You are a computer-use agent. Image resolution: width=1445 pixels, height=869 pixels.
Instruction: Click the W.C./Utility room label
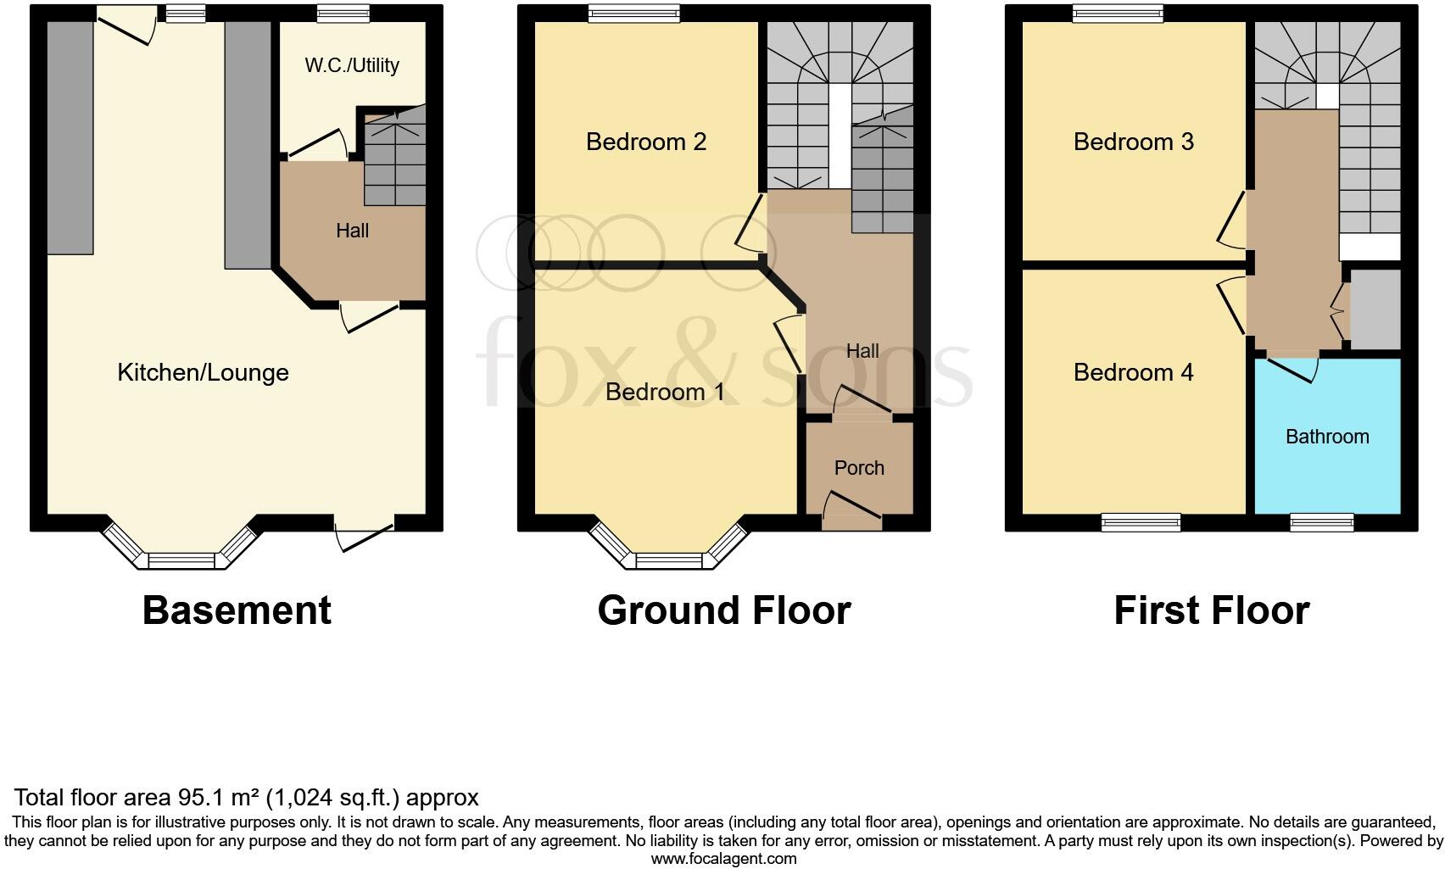[352, 65]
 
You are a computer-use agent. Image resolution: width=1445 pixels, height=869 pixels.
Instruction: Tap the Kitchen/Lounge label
[203, 372]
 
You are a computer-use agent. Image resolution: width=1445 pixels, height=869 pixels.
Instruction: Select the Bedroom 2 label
[646, 142]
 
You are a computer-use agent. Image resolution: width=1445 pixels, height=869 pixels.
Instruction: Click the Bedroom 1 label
[665, 392]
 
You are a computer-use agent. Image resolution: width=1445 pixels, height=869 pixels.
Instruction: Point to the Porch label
[859, 468]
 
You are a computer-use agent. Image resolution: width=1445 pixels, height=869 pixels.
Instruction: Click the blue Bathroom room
[1327, 458]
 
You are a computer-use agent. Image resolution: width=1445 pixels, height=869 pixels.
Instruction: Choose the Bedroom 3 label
[1133, 142]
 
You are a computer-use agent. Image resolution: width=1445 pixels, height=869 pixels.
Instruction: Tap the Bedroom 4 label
[1133, 372]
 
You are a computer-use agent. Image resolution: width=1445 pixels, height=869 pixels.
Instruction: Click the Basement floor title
[237, 610]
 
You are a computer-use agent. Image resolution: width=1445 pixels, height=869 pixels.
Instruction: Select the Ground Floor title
[723, 610]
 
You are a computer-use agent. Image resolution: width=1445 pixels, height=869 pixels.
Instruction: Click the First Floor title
[1211, 610]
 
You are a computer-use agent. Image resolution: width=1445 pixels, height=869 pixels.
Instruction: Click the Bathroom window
[1321, 522]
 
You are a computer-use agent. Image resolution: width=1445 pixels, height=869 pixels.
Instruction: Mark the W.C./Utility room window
[343, 12]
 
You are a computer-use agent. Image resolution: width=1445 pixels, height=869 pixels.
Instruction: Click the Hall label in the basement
[352, 231]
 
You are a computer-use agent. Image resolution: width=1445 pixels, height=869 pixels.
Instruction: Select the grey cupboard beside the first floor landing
[1375, 309]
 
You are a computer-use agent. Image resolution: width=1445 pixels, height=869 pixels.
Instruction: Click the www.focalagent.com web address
[723, 859]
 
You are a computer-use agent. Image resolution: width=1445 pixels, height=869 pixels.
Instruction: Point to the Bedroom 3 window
[1117, 12]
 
